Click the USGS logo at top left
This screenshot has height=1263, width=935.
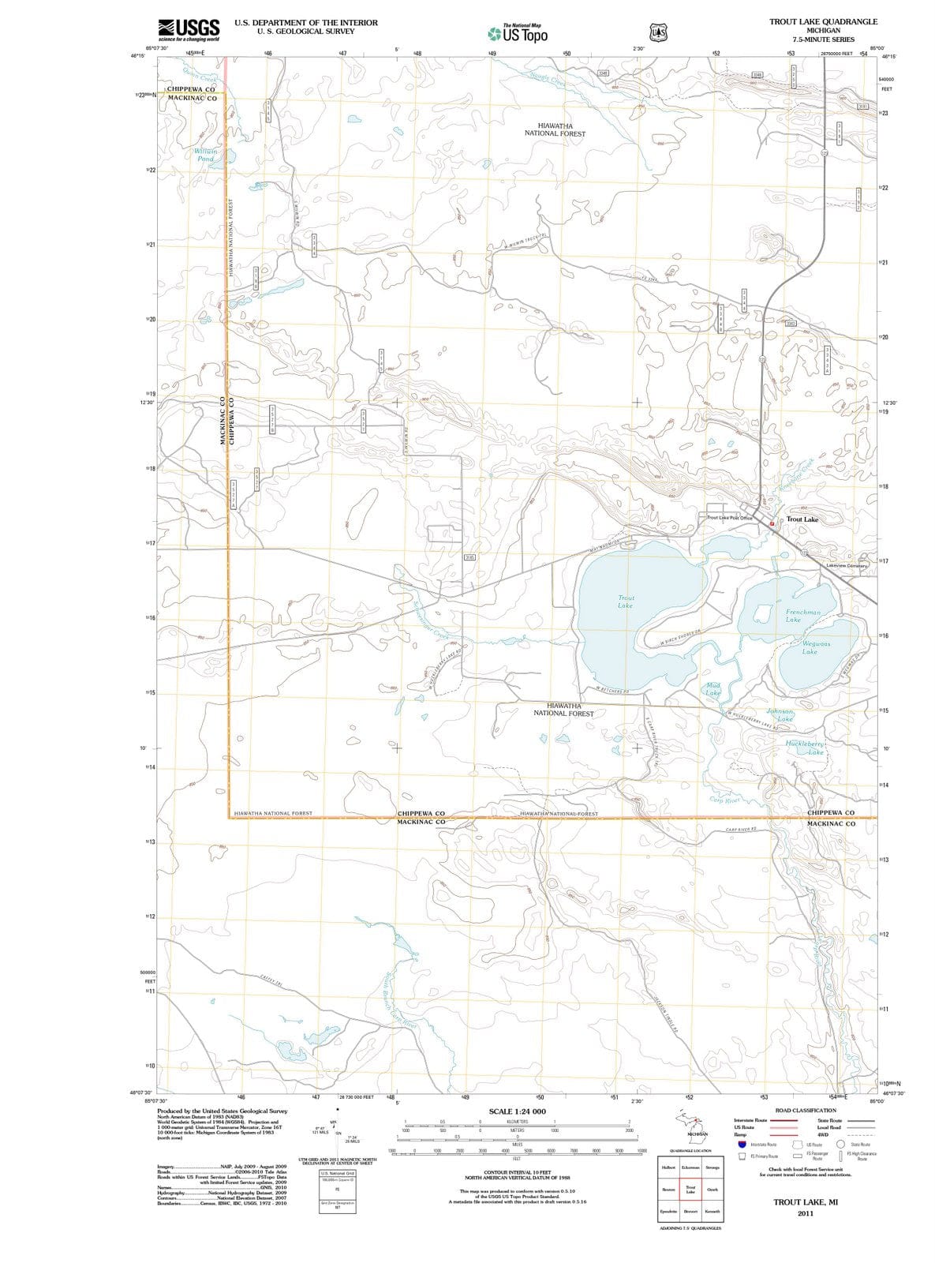click(x=189, y=31)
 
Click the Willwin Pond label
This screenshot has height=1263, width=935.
click(x=205, y=155)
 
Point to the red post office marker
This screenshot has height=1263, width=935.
click(x=772, y=524)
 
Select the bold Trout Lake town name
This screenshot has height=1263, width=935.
click(x=802, y=519)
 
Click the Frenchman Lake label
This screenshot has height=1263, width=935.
click(x=803, y=616)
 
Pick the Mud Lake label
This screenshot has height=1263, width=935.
click(x=713, y=689)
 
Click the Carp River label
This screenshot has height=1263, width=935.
click(x=724, y=800)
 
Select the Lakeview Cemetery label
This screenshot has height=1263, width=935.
click(x=847, y=566)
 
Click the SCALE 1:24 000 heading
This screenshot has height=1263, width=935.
click(x=517, y=1111)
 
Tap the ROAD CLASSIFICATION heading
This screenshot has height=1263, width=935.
click(x=806, y=1111)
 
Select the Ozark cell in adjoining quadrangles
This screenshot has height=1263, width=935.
click(x=712, y=1189)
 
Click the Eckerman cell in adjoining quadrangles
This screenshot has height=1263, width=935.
click(x=690, y=1167)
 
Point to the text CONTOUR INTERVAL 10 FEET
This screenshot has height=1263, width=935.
click(x=517, y=1172)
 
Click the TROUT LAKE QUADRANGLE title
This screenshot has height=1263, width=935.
click(x=823, y=22)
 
